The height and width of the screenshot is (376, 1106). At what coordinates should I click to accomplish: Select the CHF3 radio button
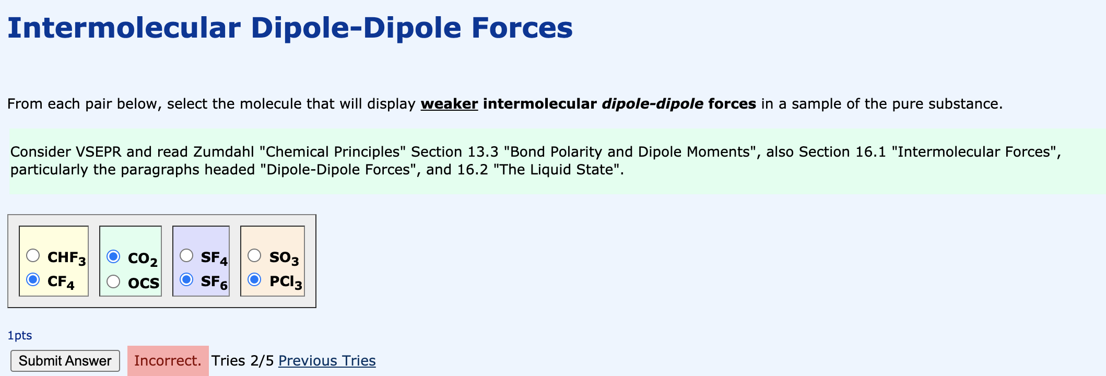[33, 255]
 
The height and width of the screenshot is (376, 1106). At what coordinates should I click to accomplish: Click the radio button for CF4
[33, 280]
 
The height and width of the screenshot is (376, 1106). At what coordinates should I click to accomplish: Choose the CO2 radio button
[113, 256]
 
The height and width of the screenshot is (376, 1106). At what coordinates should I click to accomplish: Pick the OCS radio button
[113, 281]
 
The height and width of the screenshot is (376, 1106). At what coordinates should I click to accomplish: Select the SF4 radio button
[186, 255]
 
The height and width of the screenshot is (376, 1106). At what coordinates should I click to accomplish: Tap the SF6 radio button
[186, 280]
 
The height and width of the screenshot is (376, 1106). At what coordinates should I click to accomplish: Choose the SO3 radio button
[254, 255]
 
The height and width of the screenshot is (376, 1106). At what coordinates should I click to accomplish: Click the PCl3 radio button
[254, 280]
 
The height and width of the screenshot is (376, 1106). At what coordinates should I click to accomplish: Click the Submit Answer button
[65, 361]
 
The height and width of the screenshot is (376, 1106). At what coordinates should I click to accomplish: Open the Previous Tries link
[327, 361]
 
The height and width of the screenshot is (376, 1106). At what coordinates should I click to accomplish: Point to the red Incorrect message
[168, 361]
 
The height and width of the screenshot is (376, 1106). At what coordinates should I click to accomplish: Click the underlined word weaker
[449, 104]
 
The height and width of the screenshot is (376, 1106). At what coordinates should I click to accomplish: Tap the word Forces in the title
[522, 28]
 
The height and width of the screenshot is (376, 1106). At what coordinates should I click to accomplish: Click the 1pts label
[20, 335]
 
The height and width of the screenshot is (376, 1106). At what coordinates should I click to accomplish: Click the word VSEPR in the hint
[99, 152]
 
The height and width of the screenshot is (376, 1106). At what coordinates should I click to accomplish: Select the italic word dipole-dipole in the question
[652, 104]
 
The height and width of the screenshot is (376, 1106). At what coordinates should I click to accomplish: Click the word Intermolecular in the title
[124, 28]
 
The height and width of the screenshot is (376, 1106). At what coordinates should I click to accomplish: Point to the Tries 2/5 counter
[242, 361]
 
